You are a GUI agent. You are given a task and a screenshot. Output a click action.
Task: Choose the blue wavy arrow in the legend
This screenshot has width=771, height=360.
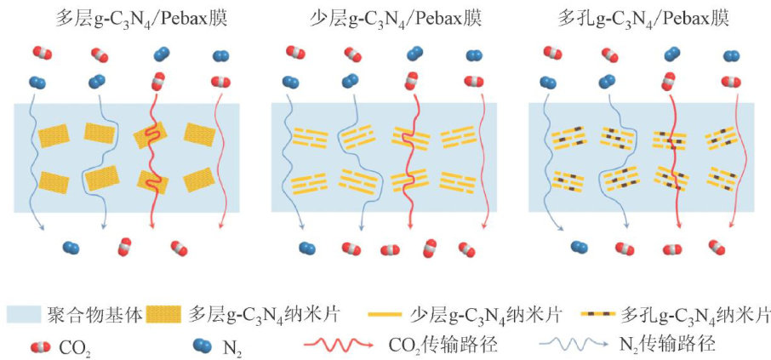570,346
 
